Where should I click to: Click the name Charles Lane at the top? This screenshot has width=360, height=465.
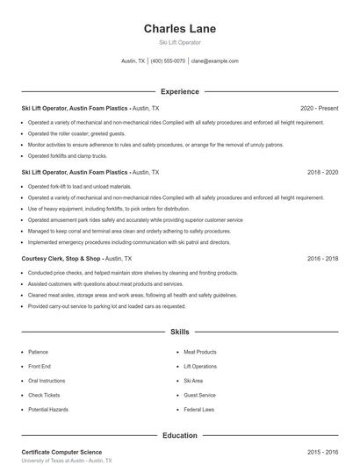pyautogui.click(x=179, y=29)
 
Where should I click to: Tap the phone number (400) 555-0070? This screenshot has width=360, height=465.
pyautogui.click(x=168, y=61)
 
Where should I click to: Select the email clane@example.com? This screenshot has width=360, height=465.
pyautogui.click(x=214, y=61)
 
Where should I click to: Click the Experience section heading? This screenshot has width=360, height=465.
pyautogui.click(x=179, y=91)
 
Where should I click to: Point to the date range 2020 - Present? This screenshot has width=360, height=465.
pyautogui.click(x=319, y=108)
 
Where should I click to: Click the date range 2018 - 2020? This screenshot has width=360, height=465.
pyautogui.click(x=322, y=173)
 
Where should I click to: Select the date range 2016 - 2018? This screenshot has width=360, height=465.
pyautogui.click(x=322, y=259)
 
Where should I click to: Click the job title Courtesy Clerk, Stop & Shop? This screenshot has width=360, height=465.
pyautogui.click(x=61, y=259)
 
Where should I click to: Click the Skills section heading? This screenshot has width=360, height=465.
pyautogui.click(x=179, y=333)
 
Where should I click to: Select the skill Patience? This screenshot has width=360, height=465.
pyautogui.click(x=39, y=352)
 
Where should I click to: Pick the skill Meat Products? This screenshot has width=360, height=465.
pyautogui.click(x=200, y=352)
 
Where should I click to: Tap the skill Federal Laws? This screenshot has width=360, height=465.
pyautogui.click(x=199, y=410)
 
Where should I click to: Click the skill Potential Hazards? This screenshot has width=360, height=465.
pyautogui.click(x=47, y=410)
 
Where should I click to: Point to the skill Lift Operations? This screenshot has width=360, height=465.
pyautogui.click(x=200, y=366)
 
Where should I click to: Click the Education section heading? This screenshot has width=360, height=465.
pyautogui.click(x=179, y=435)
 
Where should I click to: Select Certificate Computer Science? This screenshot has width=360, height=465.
pyautogui.click(x=61, y=452)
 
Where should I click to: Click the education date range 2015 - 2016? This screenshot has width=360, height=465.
pyautogui.click(x=322, y=452)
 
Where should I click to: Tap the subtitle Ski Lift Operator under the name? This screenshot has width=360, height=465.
pyautogui.click(x=179, y=42)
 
